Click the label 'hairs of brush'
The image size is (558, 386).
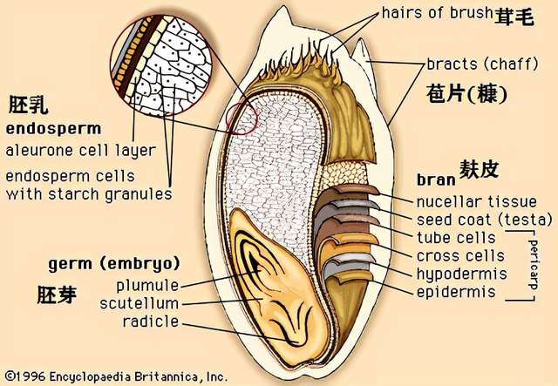coord(437,13)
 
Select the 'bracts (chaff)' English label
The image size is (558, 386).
coord(482,64)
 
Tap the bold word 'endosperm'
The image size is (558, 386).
coord(53,129)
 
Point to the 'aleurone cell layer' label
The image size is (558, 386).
coord(81,151)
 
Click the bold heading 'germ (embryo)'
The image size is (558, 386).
coord(114,264)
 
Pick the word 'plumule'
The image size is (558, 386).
coord(147,286)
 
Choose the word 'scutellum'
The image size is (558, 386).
coord(139,304)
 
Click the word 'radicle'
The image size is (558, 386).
coord(151,322)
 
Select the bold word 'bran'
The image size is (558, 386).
coord(436,179)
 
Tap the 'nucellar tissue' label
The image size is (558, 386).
coord(477,202)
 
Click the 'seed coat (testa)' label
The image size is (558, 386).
coord(485,220)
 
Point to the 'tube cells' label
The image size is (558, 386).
coord(456,238)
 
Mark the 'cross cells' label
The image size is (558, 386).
coord(460,256)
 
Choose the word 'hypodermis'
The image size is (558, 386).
coord(461,274)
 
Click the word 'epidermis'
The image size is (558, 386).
coord(456,292)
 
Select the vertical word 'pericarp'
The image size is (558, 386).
coord(534,265)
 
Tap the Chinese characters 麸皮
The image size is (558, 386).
coord(479,169)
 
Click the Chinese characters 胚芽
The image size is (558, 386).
coord(57,295)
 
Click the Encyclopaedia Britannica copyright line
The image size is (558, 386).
coord(116,376)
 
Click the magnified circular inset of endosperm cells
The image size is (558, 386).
coord(160,65)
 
